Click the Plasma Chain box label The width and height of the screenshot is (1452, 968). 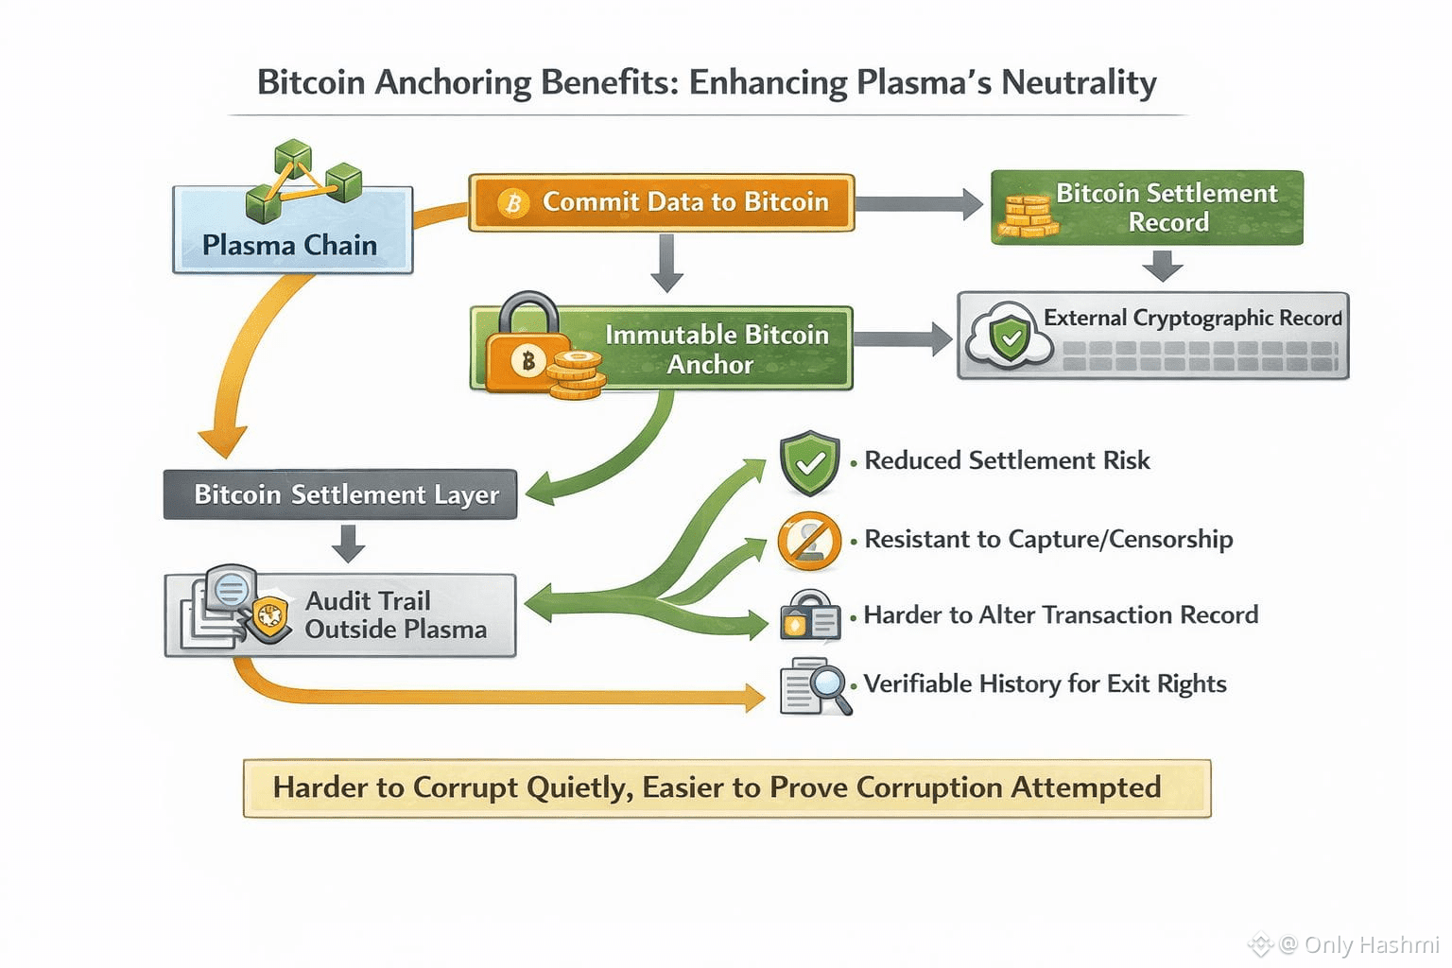tap(289, 245)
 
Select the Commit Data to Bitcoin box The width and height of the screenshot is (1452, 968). tap(661, 202)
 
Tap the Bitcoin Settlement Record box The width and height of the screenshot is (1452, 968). tap(1147, 207)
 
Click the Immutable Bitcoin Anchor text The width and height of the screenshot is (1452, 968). tap(717, 350)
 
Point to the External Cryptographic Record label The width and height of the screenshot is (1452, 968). tap(1193, 318)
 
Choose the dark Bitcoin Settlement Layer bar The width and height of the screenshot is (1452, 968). tap(340, 494)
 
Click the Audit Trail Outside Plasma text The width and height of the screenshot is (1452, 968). tap(395, 614)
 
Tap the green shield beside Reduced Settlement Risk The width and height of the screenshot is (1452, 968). tap(809, 462)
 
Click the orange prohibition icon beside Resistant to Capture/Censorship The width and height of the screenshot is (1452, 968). tap(809, 541)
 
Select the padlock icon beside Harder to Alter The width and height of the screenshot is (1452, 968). tap(810, 614)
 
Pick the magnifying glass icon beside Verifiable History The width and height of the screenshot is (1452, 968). tap(816, 686)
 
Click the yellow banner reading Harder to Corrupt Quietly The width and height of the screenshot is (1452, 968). tap(727, 787)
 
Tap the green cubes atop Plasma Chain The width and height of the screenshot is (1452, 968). tap(303, 180)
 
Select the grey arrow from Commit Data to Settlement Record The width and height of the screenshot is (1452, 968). tap(919, 204)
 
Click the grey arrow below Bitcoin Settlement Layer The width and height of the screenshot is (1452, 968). tap(348, 544)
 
